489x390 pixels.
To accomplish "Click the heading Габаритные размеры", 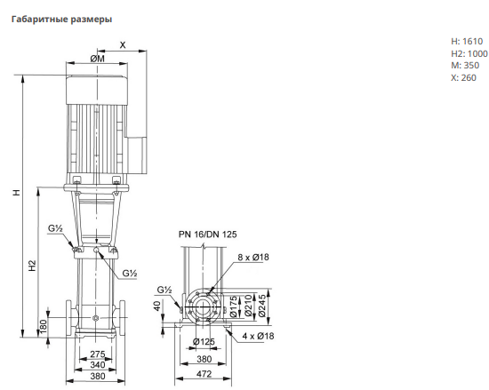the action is click(61, 20).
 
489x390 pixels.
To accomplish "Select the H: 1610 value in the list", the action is click(467, 41).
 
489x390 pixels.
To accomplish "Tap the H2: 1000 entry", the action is click(469, 53).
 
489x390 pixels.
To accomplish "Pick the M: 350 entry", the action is click(465, 66).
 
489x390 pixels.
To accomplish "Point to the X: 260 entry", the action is click(464, 77).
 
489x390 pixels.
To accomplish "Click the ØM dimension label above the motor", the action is click(97, 59).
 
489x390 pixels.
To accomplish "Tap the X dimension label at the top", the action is click(123, 44).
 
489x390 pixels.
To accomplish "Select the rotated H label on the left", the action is click(17, 192).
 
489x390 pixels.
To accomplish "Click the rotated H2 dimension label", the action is click(32, 266).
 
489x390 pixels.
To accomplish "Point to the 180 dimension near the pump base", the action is click(44, 326).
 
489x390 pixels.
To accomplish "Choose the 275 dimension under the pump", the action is click(98, 354).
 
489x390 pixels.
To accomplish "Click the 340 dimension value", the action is click(98, 365).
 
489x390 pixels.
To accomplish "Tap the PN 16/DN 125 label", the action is click(208, 235).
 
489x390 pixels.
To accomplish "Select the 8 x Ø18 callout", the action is click(253, 257).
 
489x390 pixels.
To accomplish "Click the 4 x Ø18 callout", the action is click(258, 336).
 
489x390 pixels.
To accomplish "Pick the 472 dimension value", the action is click(204, 374).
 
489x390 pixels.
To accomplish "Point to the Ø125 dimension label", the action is click(204, 342).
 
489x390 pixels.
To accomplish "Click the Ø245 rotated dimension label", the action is click(262, 306).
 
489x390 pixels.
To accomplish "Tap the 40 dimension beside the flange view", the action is click(157, 306).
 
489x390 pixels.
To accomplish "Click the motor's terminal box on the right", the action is click(137, 155).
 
